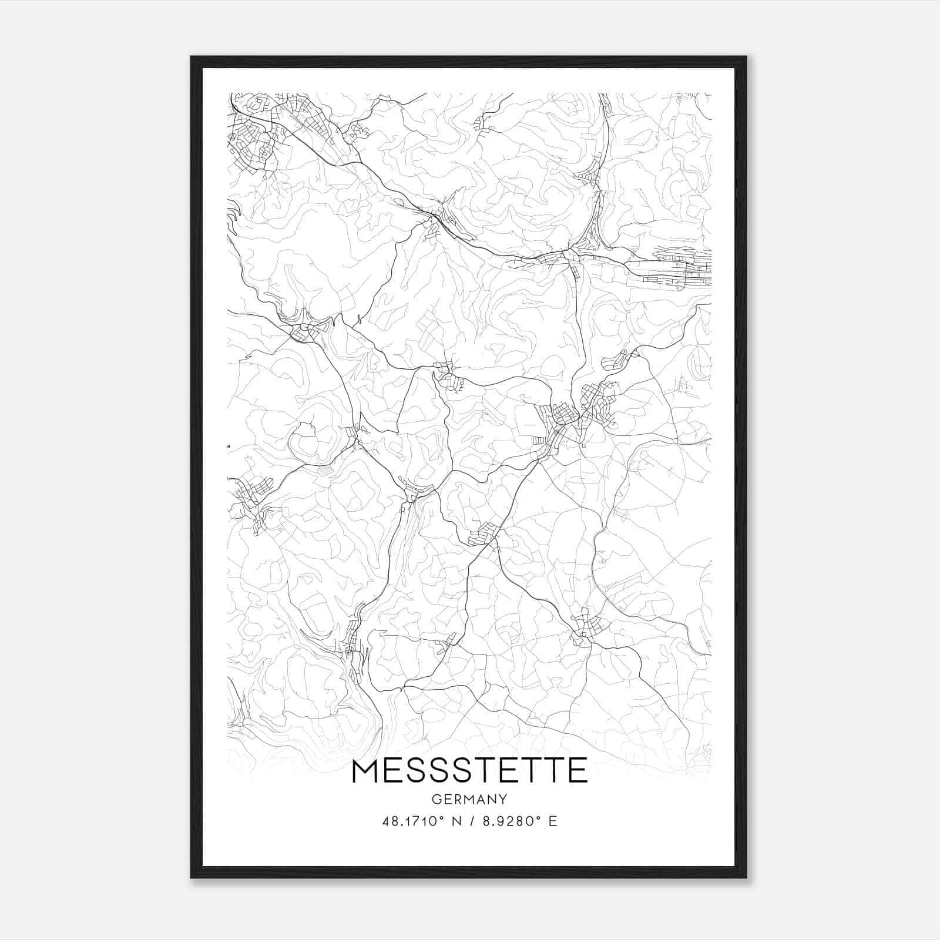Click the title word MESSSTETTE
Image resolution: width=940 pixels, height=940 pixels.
pos(469,770)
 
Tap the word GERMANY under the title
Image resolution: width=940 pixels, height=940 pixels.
pos(469,800)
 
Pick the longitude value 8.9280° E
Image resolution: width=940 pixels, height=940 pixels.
pos(519,821)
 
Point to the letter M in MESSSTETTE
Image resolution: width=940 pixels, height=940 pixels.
pos(365,770)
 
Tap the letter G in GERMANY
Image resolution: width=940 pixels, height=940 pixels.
pos(436,800)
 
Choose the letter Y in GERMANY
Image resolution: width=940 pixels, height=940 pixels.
pos(503,800)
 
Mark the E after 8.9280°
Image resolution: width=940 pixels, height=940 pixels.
pos(552,821)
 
